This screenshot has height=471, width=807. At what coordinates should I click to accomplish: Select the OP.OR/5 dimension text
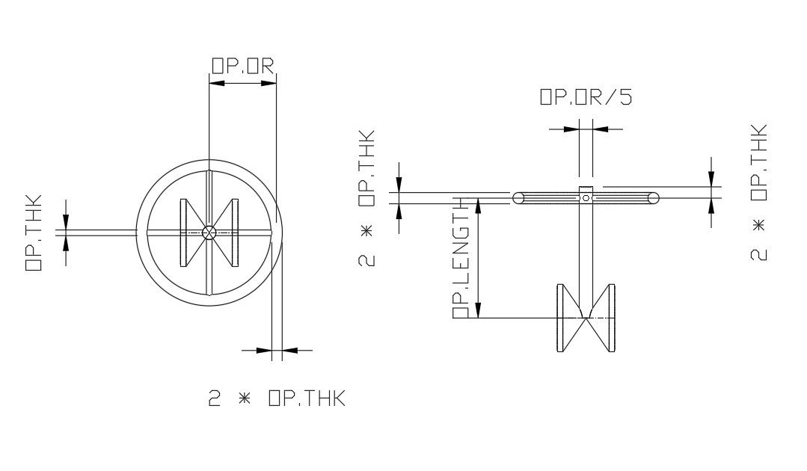click(586, 98)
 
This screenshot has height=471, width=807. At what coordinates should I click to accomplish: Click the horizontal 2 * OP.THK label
click(276, 398)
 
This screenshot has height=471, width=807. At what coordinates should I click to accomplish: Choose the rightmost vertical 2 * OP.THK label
click(758, 192)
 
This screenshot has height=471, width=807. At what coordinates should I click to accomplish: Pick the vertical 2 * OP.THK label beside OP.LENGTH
click(366, 198)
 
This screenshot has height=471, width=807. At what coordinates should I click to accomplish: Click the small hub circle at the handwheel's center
click(209, 233)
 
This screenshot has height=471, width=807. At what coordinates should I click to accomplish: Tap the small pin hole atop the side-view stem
click(586, 198)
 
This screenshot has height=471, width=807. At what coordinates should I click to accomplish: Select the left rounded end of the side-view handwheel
click(518, 198)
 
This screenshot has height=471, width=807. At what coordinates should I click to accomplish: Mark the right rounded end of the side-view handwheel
click(654, 198)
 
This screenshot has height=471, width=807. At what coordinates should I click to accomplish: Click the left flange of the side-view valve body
click(562, 318)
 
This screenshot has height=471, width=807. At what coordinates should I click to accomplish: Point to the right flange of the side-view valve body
click(611, 318)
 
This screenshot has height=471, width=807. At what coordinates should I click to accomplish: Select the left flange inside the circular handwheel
click(184, 233)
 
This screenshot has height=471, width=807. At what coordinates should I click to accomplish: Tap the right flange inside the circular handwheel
click(235, 233)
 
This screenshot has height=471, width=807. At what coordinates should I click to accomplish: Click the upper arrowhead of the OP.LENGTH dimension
click(479, 206)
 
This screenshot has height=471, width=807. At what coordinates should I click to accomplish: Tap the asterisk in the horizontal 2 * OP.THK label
click(242, 398)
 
